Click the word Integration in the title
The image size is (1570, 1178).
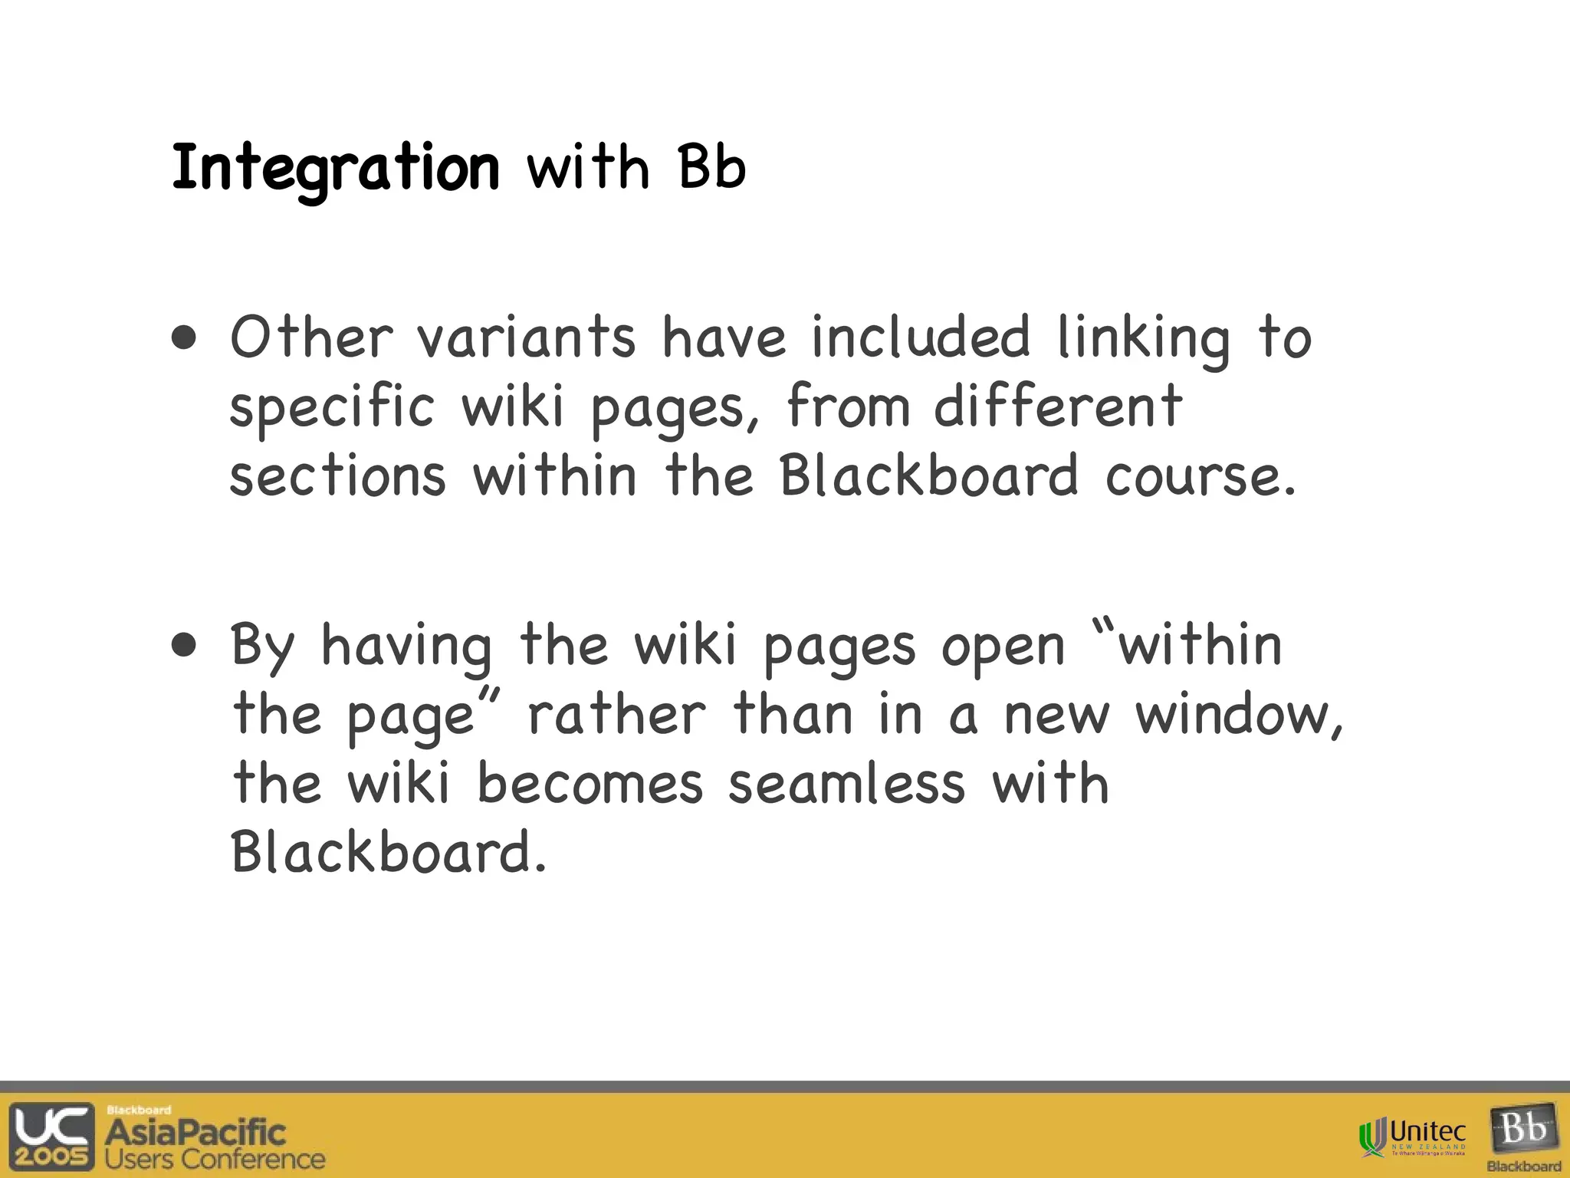click(x=335, y=169)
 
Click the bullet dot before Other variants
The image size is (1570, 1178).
click(x=184, y=338)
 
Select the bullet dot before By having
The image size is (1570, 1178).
click(x=184, y=646)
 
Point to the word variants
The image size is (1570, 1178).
click(x=526, y=337)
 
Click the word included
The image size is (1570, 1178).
click(x=921, y=337)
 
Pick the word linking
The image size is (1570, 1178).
click(x=1143, y=339)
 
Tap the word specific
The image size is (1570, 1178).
click(x=332, y=407)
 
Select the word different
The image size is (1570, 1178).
click(x=1058, y=406)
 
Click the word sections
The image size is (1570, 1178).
click(x=337, y=476)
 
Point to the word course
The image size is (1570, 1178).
click(x=1200, y=476)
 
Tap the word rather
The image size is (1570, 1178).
click(x=616, y=715)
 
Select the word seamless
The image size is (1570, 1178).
click(x=846, y=784)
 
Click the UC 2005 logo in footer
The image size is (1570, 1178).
click(x=52, y=1136)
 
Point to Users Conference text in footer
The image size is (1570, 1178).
click(x=215, y=1159)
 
